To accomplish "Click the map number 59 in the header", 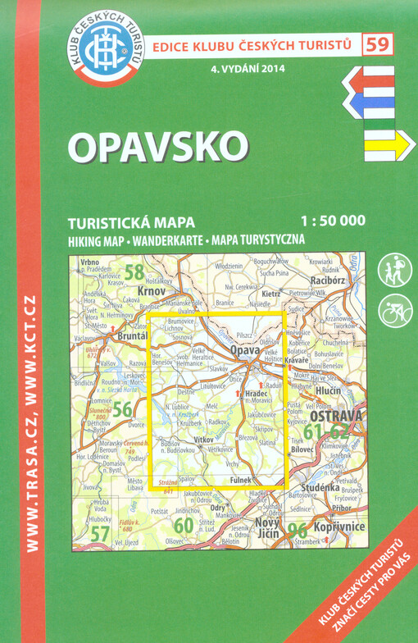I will pyautogui.click(x=379, y=43).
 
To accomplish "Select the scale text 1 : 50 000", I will pyautogui.click(x=333, y=221).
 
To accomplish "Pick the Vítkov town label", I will pyautogui.click(x=203, y=440).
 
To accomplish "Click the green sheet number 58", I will pyautogui.click(x=134, y=271).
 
